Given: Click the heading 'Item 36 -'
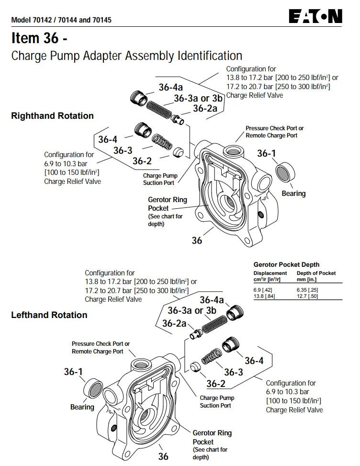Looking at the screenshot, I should tap(39, 38).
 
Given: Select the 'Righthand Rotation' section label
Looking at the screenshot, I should tap(52, 116).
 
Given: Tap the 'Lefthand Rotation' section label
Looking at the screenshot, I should tap(49, 315).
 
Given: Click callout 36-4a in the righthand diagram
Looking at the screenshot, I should tap(170, 87).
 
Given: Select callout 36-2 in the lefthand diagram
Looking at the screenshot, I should tap(215, 384).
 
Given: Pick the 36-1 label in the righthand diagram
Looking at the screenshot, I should tap(267, 153).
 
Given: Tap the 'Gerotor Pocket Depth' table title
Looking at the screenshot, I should tap(286, 264).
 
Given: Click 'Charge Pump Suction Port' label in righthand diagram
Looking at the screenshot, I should tap(159, 179).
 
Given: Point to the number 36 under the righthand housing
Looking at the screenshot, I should tap(197, 240).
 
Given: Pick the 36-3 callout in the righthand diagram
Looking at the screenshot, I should tap(123, 150).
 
